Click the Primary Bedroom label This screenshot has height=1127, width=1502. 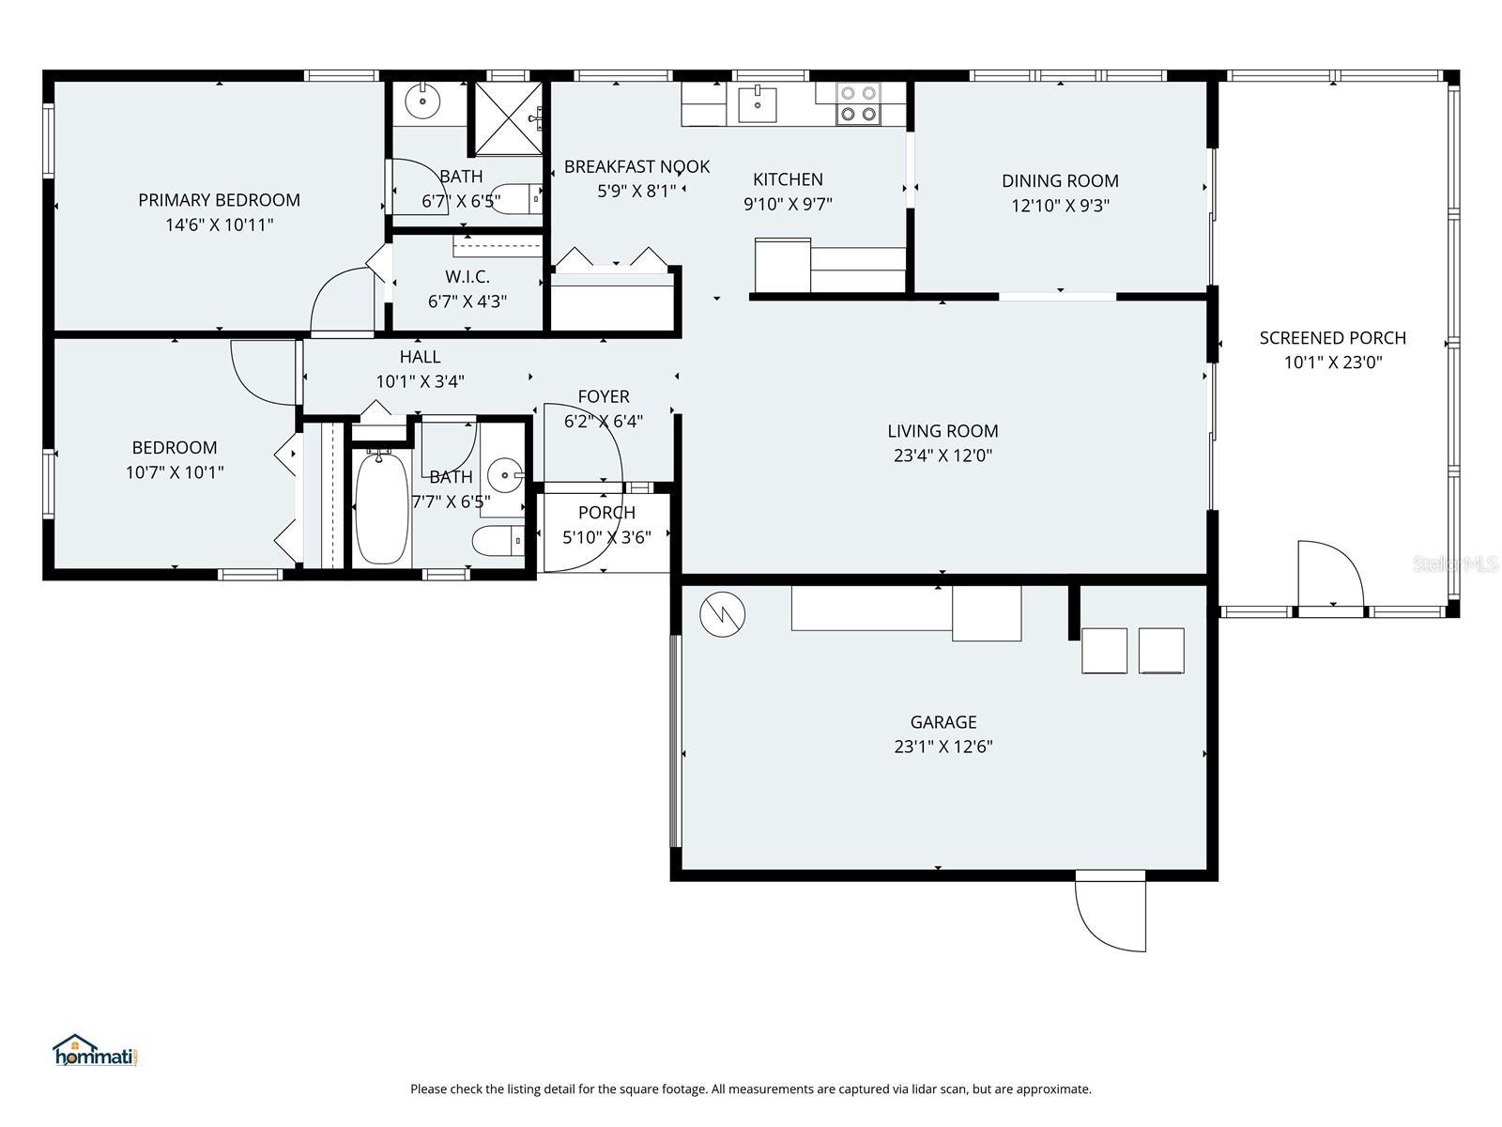[x=219, y=200]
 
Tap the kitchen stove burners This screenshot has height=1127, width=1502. [x=858, y=103]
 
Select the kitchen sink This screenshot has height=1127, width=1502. [x=757, y=104]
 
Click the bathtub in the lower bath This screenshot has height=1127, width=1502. [x=382, y=508]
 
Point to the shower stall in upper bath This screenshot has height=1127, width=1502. [x=508, y=118]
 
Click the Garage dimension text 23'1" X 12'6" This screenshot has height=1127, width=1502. [x=943, y=747]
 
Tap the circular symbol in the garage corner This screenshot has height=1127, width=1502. [x=722, y=614]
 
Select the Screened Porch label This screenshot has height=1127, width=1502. [x=1332, y=338]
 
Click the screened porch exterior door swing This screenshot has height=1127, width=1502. [x=1330, y=575]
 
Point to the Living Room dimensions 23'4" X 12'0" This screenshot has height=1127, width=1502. [x=943, y=455]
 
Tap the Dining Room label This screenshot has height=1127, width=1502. [x=1060, y=181]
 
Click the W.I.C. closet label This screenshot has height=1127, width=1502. [x=467, y=277]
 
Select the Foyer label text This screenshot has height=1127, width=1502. [x=604, y=396]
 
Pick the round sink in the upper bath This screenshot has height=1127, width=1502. [x=423, y=99]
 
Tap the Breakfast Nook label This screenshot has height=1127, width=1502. [x=636, y=167]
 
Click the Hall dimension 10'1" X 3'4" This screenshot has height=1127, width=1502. [x=420, y=381]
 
